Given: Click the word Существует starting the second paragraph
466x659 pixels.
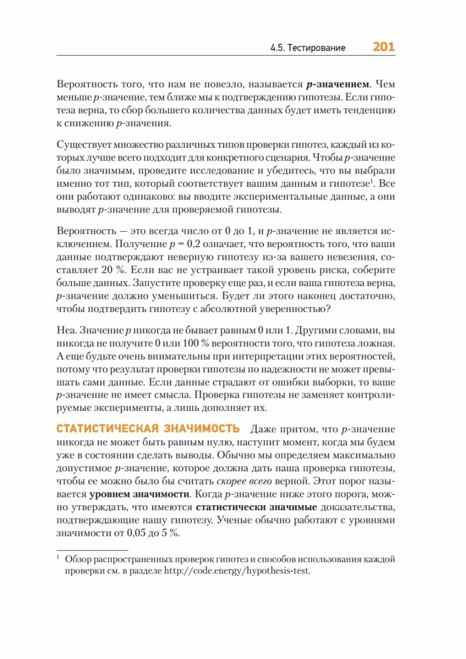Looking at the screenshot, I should [84, 145].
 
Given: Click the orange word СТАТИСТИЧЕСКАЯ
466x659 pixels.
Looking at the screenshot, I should [105, 428].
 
